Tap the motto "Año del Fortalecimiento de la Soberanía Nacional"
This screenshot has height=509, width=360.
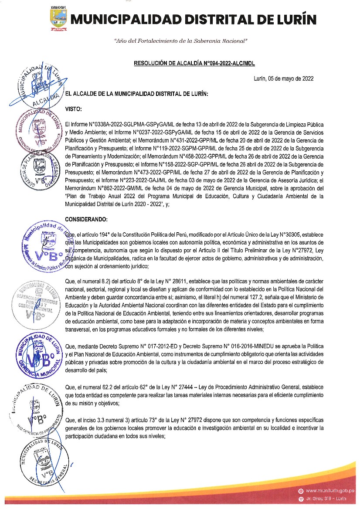[x=180, y=41]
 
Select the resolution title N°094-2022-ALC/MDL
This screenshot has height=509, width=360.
[x=194, y=64]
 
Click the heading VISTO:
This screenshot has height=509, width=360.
[x=73, y=108]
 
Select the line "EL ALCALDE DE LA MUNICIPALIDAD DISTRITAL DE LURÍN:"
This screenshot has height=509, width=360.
[x=136, y=94]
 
